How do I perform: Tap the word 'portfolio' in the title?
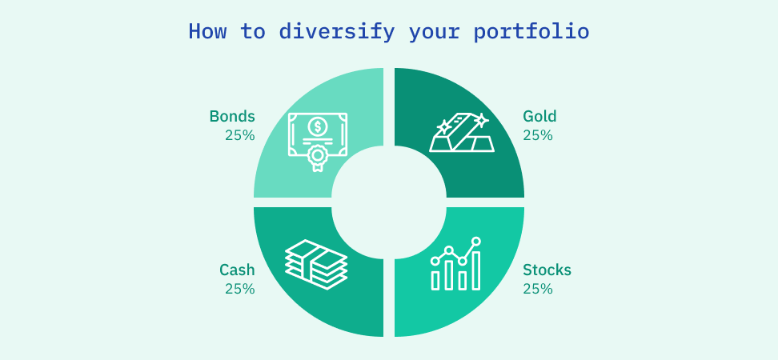(531, 32)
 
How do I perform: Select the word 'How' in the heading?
(207, 32)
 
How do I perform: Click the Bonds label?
(232, 116)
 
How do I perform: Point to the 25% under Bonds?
(239, 135)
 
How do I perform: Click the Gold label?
(539, 116)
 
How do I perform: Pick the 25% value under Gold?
(538, 135)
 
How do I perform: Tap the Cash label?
(237, 270)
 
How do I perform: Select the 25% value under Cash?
(239, 289)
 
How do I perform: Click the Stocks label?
(547, 270)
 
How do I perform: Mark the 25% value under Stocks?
(538, 289)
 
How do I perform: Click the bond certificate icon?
(318, 141)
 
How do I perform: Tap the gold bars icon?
(462, 133)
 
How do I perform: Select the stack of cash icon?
(316, 262)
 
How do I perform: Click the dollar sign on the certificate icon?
(318, 126)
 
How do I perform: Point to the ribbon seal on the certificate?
(318, 157)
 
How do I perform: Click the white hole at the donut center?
(389, 202)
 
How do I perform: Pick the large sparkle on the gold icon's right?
(481, 121)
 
